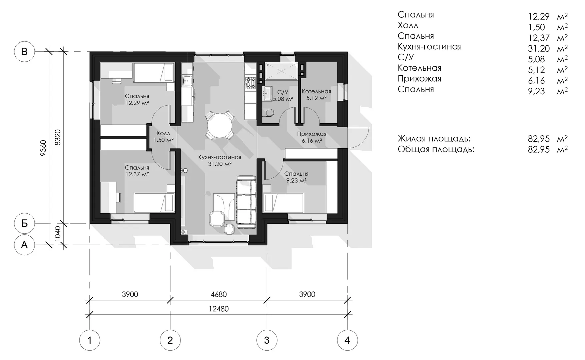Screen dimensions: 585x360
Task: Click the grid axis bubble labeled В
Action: (x=24, y=52)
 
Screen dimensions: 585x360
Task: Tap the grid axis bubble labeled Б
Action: (x=24, y=223)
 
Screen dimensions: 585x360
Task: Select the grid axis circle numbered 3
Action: (x=267, y=340)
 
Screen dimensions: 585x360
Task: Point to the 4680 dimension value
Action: (x=219, y=295)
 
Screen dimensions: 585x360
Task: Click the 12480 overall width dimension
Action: (x=219, y=309)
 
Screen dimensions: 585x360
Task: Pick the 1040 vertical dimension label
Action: (x=58, y=234)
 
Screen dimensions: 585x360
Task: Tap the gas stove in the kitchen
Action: (x=250, y=83)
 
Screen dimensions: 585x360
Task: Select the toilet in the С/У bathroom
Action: (x=268, y=113)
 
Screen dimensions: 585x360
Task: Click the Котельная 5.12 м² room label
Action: (x=316, y=95)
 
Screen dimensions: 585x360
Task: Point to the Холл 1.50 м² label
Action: (x=163, y=137)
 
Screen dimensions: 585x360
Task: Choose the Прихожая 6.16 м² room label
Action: (x=312, y=137)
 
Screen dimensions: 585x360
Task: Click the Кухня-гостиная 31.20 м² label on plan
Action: (x=219, y=160)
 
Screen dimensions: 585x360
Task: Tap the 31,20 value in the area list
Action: (x=539, y=48)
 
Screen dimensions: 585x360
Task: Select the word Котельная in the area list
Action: (x=419, y=68)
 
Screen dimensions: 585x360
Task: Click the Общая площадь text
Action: (x=436, y=149)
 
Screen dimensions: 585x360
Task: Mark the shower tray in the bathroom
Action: (x=281, y=71)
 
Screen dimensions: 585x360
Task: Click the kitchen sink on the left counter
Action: (x=186, y=80)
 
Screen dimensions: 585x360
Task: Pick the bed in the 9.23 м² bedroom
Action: (x=283, y=203)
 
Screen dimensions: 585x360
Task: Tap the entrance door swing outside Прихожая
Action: (x=358, y=137)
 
